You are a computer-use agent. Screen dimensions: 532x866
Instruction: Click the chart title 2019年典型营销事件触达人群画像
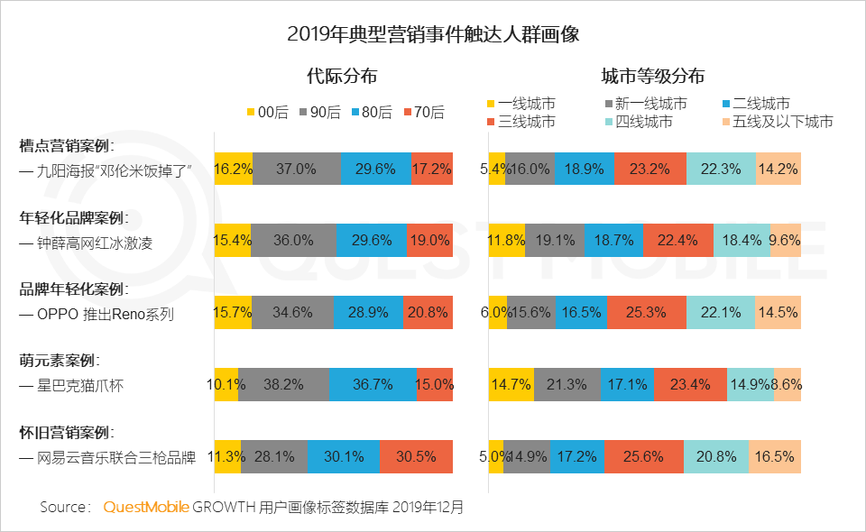click(x=432, y=35)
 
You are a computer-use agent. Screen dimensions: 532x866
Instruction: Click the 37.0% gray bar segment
click(x=297, y=169)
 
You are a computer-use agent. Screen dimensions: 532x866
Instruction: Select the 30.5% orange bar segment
click(x=416, y=456)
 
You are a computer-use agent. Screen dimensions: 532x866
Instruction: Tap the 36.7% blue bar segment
click(x=373, y=385)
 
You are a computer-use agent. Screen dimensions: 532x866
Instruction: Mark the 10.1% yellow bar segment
click(x=226, y=385)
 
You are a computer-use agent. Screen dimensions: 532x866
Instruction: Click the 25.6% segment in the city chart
click(x=643, y=456)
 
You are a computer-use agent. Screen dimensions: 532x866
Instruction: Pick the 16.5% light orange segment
click(x=774, y=456)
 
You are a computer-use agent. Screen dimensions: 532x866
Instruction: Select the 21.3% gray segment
click(x=567, y=385)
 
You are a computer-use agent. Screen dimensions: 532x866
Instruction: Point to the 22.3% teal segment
click(x=720, y=169)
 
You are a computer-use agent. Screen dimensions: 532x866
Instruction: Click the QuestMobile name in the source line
click(x=146, y=508)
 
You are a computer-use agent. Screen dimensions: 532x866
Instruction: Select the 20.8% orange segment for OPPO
click(x=428, y=313)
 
